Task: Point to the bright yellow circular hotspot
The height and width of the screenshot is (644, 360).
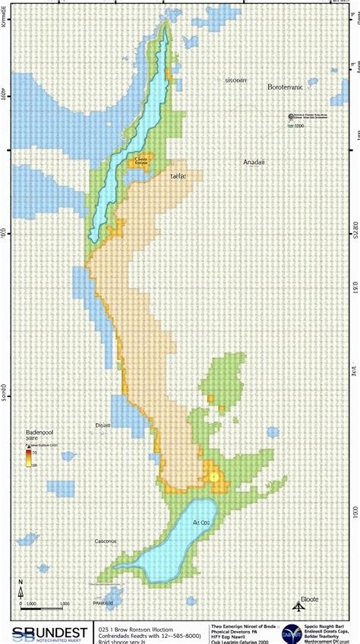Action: (x=215, y=476)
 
